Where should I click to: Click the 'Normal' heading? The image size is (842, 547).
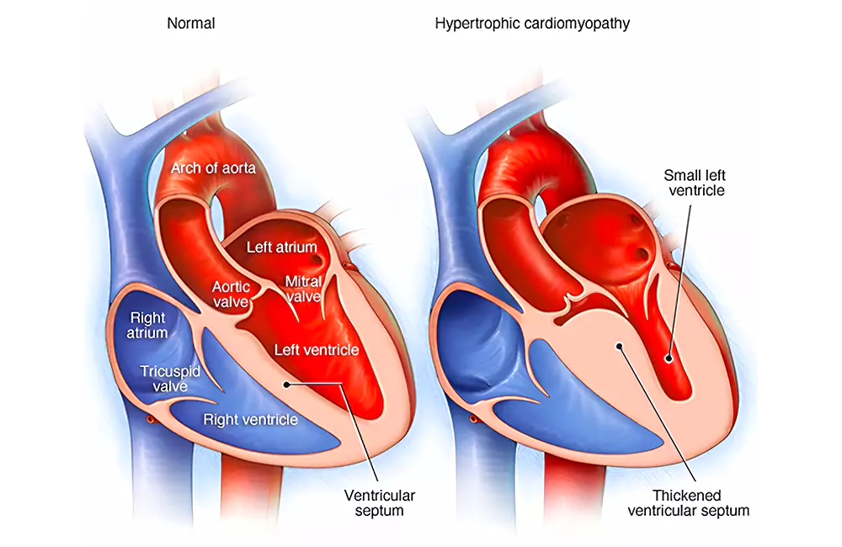click(191, 24)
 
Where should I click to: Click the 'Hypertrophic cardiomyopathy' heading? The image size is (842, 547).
click(532, 24)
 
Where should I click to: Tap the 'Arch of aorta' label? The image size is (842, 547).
click(213, 168)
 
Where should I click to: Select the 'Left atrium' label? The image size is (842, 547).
click(281, 247)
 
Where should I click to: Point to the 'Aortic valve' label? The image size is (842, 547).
click(232, 295)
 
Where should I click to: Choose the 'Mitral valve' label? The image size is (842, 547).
click(303, 289)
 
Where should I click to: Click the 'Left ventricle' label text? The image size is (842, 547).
click(317, 349)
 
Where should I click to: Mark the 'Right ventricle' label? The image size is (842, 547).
click(250, 418)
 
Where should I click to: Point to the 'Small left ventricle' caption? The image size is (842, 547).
click(693, 183)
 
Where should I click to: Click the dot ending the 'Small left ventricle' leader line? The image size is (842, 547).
click(670, 358)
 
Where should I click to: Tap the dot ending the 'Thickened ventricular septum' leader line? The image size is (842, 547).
click(620, 343)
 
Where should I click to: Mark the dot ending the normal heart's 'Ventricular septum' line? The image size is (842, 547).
click(288, 385)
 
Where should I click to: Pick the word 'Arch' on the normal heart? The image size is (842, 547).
click(187, 168)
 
